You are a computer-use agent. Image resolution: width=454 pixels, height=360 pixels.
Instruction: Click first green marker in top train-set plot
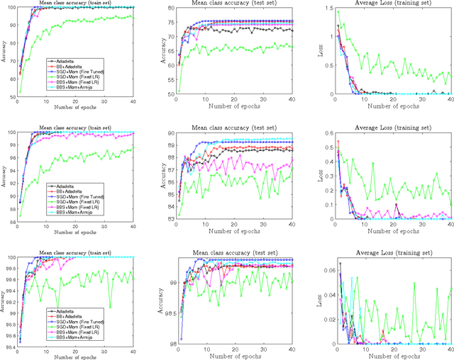[18, 91]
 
